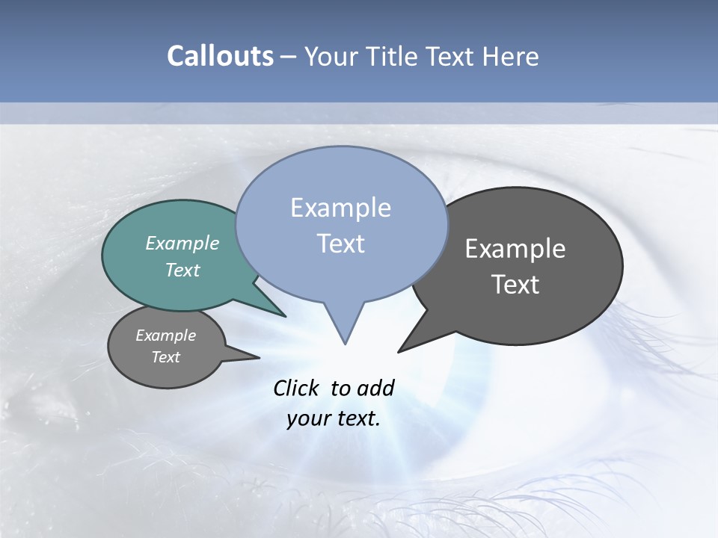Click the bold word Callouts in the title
click(x=220, y=56)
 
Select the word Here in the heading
click(x=510, y=56)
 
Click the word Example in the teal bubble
click(x=182, y=243)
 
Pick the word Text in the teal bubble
click(x=182, y=270)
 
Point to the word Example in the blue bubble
click(x=340, y=208)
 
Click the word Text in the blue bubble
click(x=340, y=244)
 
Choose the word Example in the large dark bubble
click(x=515, y=249)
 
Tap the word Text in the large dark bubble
click(x=515, y=285)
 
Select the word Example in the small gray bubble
click(x=166, y=336)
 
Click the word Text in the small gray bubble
click(x=166, y=357)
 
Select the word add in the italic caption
click(x=375, y=388)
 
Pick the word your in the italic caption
click(x=307, y=418)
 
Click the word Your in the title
click(x=331, y=56)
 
